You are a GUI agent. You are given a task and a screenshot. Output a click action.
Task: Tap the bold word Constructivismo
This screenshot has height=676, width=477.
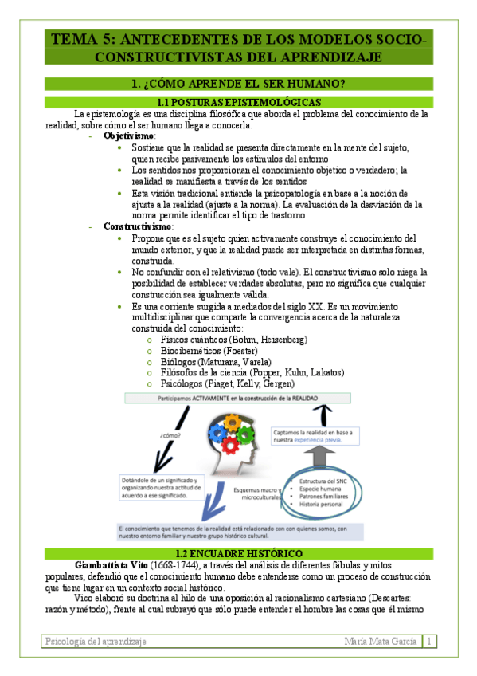pos(138,226)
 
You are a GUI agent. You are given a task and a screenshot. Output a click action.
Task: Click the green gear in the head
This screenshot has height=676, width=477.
pos(246,435)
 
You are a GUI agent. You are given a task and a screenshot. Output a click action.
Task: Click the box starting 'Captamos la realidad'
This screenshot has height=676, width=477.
pos(314,436)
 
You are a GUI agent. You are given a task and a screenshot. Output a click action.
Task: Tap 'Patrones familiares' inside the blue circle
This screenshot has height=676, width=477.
pos(326,503)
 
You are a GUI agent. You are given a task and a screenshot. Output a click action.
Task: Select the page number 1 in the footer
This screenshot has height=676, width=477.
pos(429,640)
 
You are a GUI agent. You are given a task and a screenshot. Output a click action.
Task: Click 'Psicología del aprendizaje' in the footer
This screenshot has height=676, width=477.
pos(96,640)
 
